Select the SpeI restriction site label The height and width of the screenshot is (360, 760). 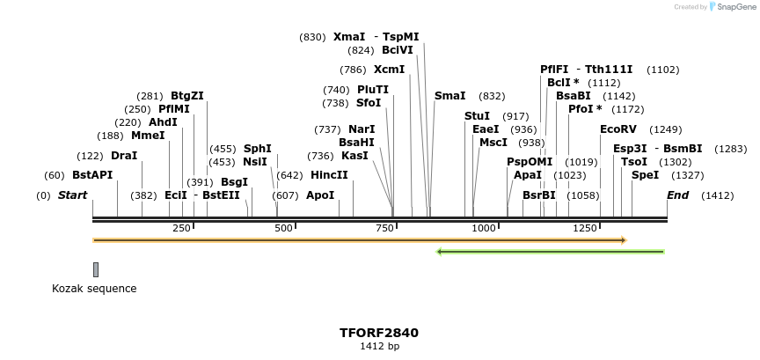click(645, 175)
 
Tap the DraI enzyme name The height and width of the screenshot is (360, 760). click(124, 156)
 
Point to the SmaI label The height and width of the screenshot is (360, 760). click(449, 96)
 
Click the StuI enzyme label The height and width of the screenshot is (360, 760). click(477, 116)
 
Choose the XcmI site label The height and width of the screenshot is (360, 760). click(389, 70)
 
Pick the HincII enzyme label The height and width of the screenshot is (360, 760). click(329, 175)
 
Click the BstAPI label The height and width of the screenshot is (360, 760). click(92, 175)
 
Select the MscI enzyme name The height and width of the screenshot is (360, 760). click(493, 143)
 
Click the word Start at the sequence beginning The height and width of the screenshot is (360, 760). click(72, 195)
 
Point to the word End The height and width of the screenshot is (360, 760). click(677, 195)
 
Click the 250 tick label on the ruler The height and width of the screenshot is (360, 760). click(181, 229)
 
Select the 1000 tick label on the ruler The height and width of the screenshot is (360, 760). click(484, 229)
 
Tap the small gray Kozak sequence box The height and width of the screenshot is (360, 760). click(96, 269)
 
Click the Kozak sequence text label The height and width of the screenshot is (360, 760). click(94, 289)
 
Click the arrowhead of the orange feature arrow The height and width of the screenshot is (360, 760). click(622, 239)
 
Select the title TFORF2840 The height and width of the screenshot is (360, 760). click(379, 333)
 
